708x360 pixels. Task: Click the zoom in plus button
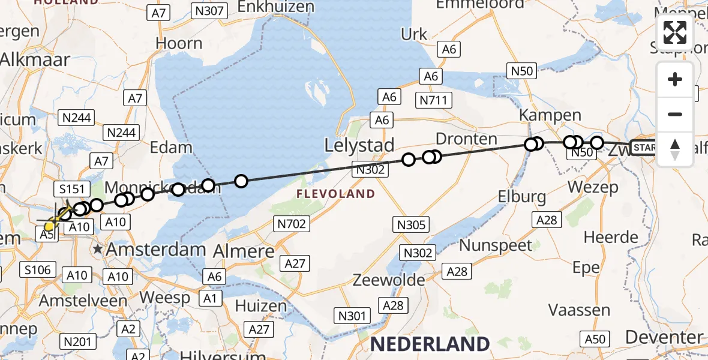pos(675,80)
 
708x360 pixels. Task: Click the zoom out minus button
pos(675,114)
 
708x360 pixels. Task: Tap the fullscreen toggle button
pos(675,32)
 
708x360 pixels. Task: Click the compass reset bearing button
pos(675,149)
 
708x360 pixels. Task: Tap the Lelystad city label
pos(359,145)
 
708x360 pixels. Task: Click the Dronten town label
pos(466,139)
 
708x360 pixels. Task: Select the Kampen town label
pos(542,115)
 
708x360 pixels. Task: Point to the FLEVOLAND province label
pos(335,194)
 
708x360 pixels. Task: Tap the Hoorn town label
pos(179,43)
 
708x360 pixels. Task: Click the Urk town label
pos(414,35)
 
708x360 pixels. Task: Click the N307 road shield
pos(209,10)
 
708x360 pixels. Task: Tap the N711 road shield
pos(434,100)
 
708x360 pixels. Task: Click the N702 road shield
pos(292,224)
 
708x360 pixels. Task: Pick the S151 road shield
pos(71,189)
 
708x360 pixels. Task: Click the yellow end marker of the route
pos(49,226)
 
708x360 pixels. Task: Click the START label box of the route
pos(644,148)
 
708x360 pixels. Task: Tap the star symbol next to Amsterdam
pos(97,248)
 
